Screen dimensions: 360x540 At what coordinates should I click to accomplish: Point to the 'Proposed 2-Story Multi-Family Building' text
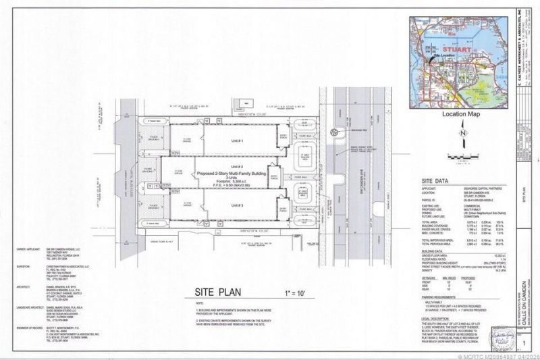point(235,174)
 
